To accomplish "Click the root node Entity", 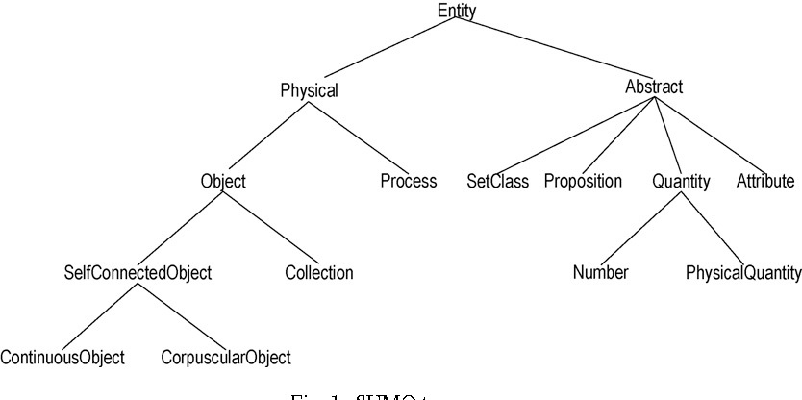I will point(456,12).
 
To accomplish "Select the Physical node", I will point(309,91).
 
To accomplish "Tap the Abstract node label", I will point(654,87).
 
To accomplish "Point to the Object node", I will point(223,181).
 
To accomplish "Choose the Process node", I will point(408,181).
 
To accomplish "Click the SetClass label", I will point(497,181).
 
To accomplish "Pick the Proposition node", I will point(583,181).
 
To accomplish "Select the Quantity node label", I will point(681,181).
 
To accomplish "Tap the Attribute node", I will point(765,181).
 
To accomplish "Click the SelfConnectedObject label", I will point(137,273).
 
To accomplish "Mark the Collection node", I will point(319,273).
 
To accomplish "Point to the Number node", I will point(600,273).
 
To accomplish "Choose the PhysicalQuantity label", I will point(742,273).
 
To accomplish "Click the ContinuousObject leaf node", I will point(63,359).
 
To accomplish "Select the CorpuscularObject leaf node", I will point(226,359).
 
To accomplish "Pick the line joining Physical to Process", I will point(359,137).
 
